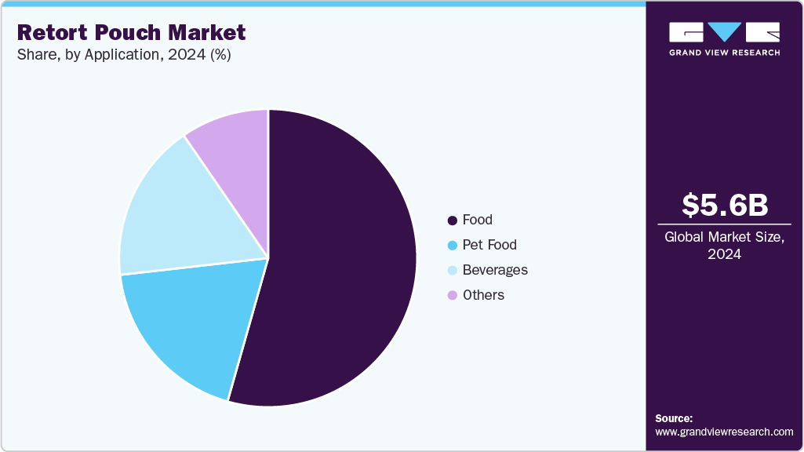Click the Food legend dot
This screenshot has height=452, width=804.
452,221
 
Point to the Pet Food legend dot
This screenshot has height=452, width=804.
452,246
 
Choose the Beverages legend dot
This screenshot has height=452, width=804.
452,271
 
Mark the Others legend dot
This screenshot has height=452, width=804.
452,296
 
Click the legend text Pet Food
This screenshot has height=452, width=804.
489,245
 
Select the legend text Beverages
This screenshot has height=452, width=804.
495,270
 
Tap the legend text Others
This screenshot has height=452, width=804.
483,295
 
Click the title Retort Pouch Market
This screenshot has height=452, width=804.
131,32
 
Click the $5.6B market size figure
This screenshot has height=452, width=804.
724,205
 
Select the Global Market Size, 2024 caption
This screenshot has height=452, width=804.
724,245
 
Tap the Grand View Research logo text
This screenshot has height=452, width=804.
724,53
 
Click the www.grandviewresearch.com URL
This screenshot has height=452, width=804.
724,432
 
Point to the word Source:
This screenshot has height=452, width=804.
674,418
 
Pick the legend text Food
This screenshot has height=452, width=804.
478,220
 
